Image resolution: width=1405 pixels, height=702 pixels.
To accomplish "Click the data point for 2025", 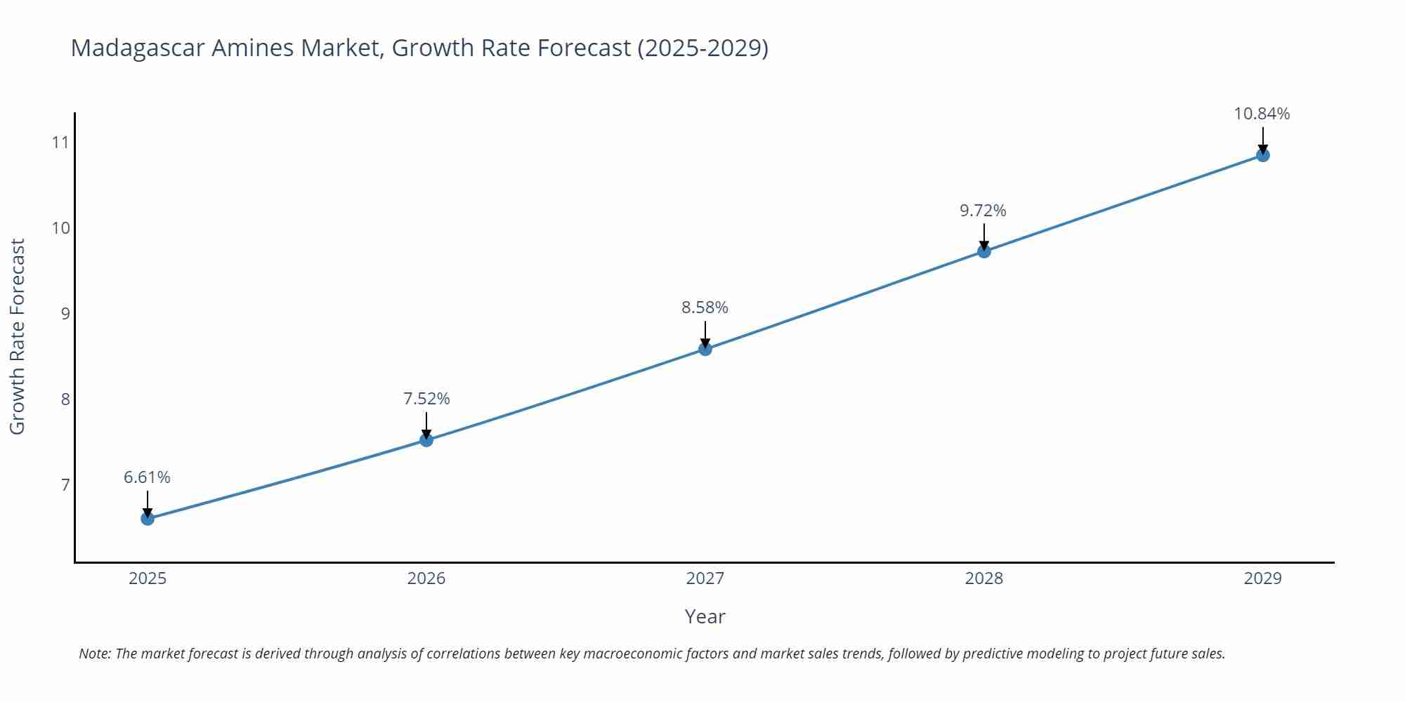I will [x=148, y=519].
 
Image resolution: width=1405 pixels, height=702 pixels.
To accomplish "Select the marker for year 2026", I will [x=426, y=440].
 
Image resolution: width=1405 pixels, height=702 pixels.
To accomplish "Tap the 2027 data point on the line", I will [x=705, y=349].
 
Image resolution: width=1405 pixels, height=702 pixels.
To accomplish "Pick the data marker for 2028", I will [x=984, y=251].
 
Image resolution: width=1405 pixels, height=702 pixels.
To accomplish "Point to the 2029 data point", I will [x=1262, y=155].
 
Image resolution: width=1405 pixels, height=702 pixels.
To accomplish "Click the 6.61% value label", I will [x=147, y=477].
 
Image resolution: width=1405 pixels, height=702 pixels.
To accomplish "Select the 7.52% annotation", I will [x=426, y=399].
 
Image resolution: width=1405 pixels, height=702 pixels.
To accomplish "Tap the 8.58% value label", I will [x=705, y=307].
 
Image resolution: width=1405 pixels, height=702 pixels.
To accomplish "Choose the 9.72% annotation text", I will [x=983, y=211].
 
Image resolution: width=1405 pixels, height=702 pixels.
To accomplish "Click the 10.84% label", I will [x=1262, y=114].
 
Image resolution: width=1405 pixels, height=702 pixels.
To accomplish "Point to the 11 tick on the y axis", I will [x=60, y=143].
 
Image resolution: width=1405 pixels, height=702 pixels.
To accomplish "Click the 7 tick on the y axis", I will [x=65, y=484].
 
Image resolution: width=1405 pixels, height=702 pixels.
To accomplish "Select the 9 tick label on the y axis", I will [x=65, y=313].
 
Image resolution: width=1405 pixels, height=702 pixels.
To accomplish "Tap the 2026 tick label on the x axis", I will [x=426, y=578].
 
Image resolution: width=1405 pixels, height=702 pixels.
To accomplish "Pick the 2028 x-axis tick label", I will [x=983, y=578].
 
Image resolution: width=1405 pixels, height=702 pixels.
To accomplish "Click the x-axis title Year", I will [x=705, y=616].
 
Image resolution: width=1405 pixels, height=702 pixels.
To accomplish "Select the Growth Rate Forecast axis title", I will [x=17, y=336].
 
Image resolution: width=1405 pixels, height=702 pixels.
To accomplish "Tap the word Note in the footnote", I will [x=94, y=654].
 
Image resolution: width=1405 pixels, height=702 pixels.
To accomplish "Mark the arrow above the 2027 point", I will [x=705, y=334].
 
